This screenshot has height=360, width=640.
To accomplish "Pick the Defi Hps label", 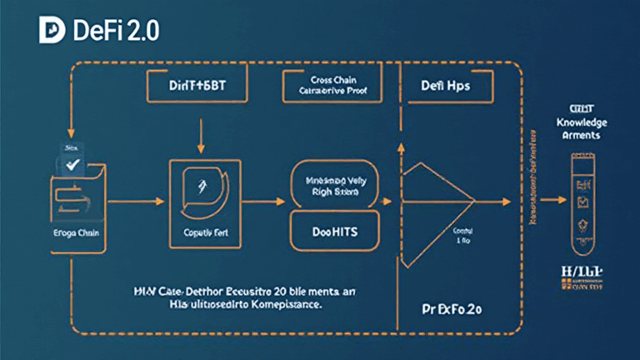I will coord(445,85).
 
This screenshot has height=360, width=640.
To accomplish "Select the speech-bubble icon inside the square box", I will coord(200,192).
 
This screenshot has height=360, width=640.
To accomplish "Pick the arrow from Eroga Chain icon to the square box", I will coord(132,201).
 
